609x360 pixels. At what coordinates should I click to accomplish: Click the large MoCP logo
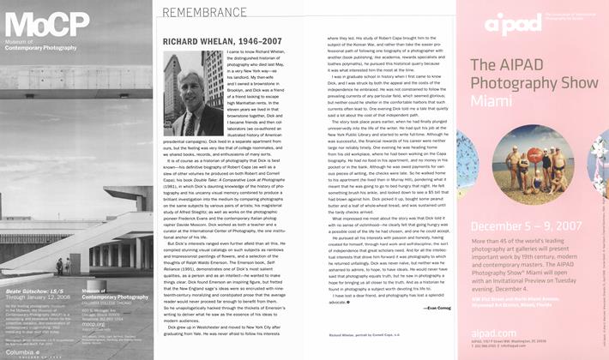click(x=34, y=19)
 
